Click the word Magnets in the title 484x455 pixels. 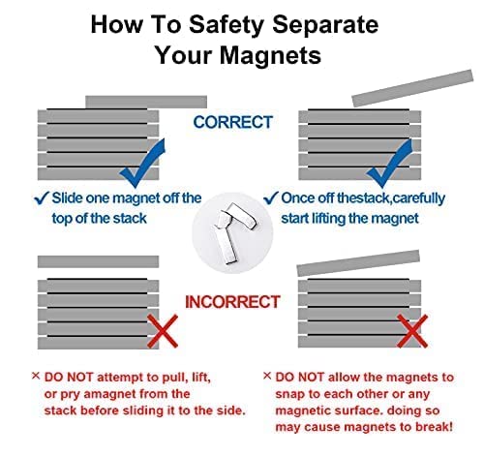click(x=270, y=55)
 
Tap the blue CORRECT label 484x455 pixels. click(x=233, y=122)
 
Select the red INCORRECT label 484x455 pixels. click(x=232, y=302)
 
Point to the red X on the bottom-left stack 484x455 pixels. click(x=163, y=331)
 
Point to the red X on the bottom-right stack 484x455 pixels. click(x=412, y=331)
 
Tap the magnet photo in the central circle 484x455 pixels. click(x=233, y=233)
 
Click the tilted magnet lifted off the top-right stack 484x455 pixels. click(x=412, y=88)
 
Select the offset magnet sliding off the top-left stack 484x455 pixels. click(x=146, y=102)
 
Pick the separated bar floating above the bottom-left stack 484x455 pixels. click(x=98, y=261)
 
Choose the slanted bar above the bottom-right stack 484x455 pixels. click(x=358, y=263)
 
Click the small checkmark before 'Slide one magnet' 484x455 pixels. click(x=42, y=198)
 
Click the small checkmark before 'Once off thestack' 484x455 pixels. click(x=271, y=198)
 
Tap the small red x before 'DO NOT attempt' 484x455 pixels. click(x=36, y=376)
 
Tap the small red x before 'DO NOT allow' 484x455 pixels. click(x=267, y=376)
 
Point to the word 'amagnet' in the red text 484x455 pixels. click(x=106, y=394)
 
